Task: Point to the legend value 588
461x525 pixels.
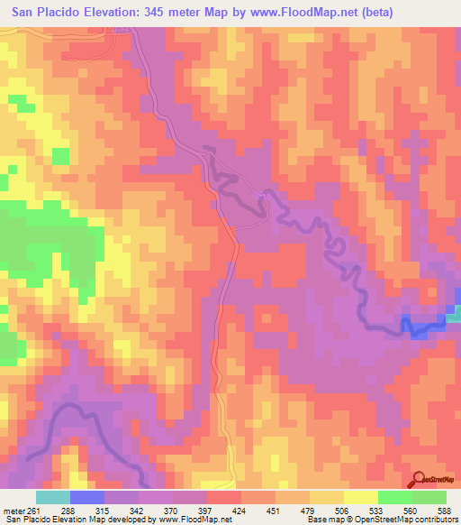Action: (442, 511)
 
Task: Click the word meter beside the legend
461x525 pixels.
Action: (14, 511)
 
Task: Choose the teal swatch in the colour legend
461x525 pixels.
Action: (52, 497)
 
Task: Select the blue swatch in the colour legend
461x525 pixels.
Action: (86, 497)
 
